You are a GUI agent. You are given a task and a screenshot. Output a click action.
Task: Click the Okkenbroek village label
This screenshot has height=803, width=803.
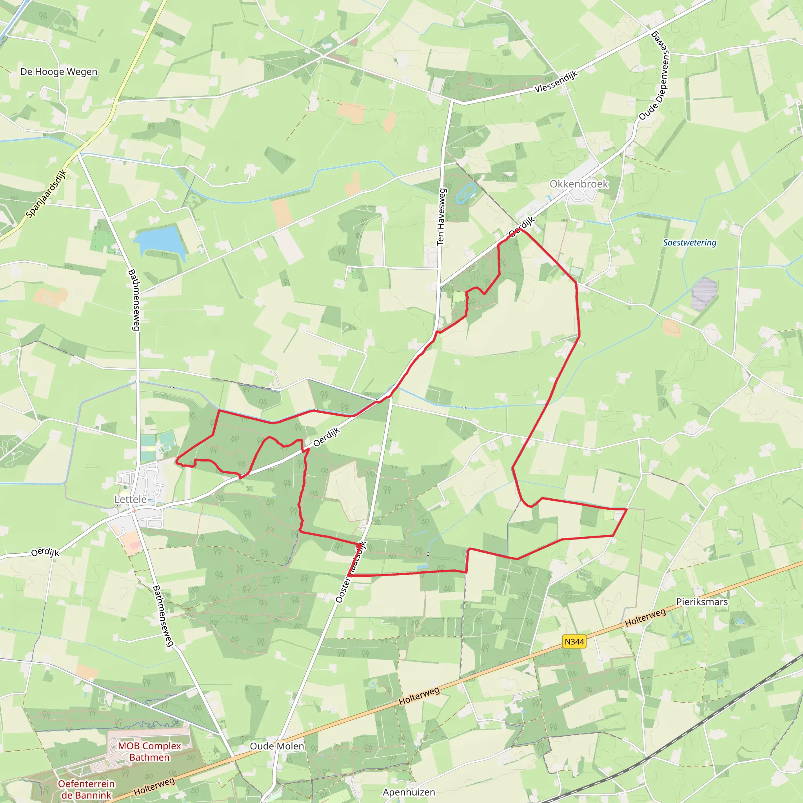pos(579,184)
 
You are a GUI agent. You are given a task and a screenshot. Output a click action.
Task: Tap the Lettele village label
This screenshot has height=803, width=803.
pos(131,499)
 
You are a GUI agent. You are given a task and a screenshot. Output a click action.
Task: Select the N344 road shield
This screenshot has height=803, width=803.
pos(574,641)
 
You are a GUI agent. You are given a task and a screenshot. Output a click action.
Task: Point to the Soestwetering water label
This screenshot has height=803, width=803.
pos(690,242)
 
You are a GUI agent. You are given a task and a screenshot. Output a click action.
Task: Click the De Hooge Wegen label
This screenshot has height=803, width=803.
pos(59,71)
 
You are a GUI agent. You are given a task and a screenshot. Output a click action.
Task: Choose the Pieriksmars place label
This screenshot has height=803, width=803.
pos(702,601)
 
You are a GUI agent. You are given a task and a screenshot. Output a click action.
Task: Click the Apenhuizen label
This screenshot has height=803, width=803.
pos(409,792)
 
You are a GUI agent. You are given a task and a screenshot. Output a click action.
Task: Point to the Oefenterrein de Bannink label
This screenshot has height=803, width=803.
pos(86,789)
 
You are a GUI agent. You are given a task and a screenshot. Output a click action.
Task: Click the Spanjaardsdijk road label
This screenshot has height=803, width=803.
pos(46,194)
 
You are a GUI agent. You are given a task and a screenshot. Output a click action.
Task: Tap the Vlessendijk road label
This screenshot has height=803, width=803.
pos(556,82)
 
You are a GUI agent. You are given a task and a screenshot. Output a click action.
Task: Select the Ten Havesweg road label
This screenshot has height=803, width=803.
pos(441,216)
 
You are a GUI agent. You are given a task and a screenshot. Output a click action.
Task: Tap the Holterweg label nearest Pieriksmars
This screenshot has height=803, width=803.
pos(645,618)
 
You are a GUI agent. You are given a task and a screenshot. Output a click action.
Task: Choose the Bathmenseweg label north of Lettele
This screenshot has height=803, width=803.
pos(134,300)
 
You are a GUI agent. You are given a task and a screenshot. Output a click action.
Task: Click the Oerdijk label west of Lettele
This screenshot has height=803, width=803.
pos(45,552)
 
